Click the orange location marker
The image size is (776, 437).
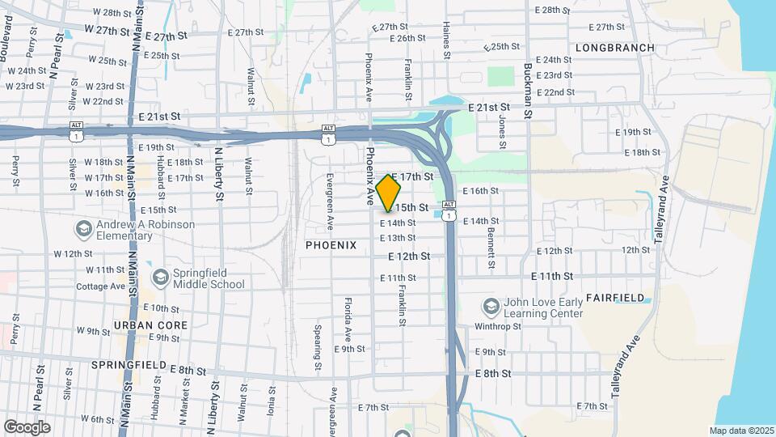[x=389, y=193]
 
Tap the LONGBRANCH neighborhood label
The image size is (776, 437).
[x=615, y=49]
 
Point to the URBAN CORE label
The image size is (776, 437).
[x=151, y=325]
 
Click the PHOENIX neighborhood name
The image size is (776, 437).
[x=331, y=245]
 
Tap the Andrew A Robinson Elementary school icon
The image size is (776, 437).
[x=82, y=229]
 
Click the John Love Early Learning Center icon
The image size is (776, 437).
[x=491, y=307]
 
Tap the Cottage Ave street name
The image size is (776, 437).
[x=101, y=286]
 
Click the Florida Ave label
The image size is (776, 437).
[x=348, y=318]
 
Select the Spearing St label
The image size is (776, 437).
[x=318, y=343]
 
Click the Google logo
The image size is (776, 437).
[x=27, y=427]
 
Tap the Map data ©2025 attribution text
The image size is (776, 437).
[x=740, y=431]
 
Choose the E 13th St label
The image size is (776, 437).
[x=398, y=238]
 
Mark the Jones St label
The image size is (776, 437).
[x=502, y=127]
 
